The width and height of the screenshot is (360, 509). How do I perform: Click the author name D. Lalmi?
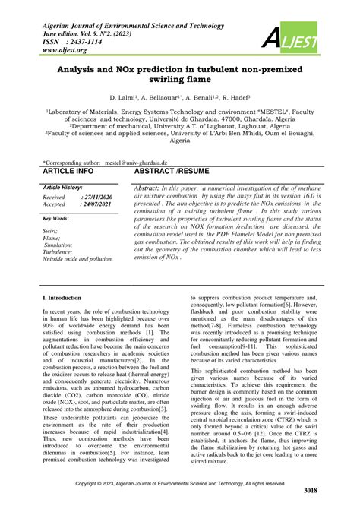coord(125,98)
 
